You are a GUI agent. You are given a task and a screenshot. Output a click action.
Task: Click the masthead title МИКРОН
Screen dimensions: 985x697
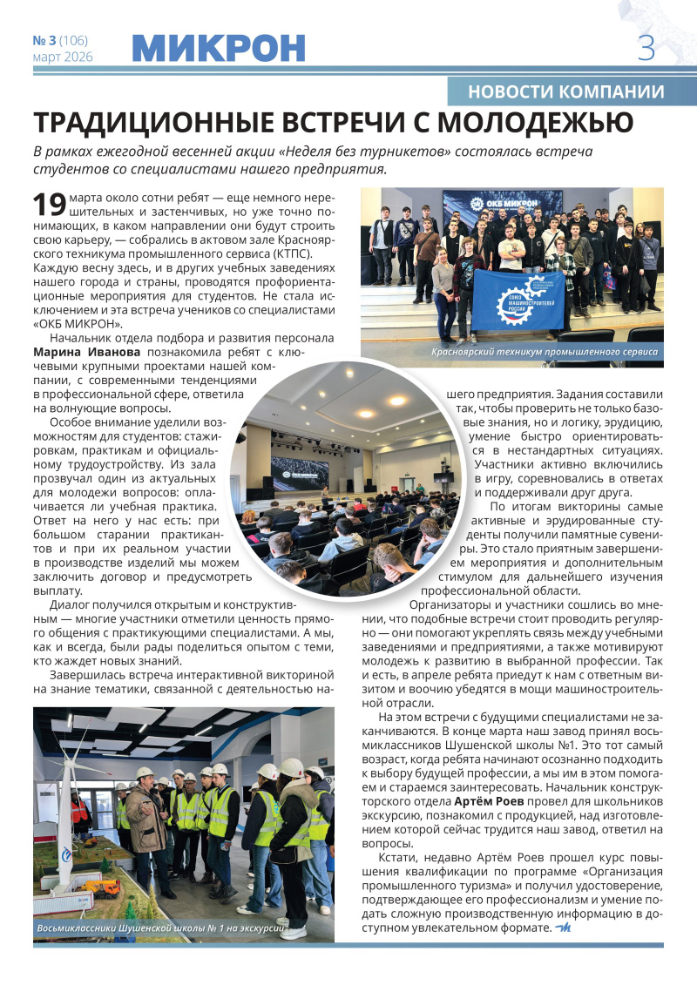[219, 48]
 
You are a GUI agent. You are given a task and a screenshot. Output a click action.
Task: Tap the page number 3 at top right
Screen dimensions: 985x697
[646, 47]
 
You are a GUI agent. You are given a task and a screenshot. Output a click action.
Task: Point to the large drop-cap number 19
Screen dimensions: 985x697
[49, 205]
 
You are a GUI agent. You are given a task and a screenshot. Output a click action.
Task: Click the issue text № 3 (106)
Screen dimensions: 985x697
[60, 40]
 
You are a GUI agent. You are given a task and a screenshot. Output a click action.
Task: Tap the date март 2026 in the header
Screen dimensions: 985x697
[62, 57]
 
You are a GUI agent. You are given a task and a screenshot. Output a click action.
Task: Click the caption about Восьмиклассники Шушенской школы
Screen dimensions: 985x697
[162, 929]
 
